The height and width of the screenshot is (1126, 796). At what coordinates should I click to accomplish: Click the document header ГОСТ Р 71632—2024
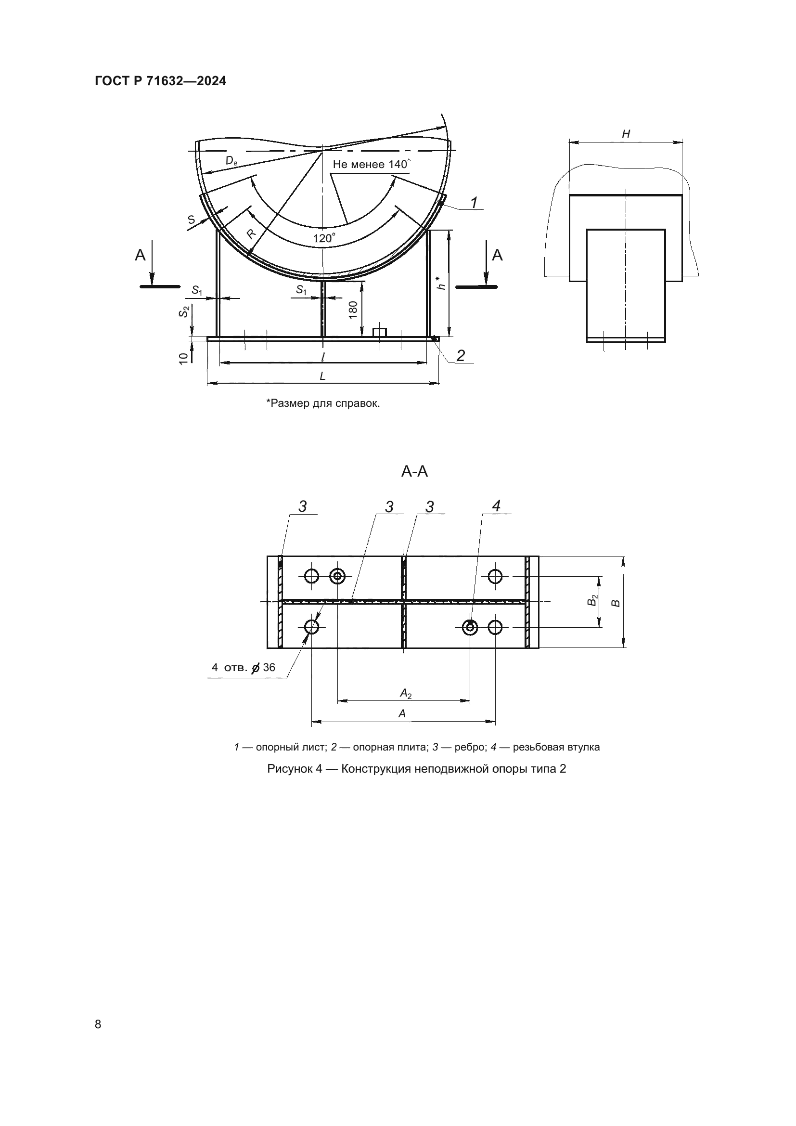tap(160, 81)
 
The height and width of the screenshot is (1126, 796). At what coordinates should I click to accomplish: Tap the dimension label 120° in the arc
tap(324, 238)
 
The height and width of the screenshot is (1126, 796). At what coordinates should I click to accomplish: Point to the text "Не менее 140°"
tap(372, 164)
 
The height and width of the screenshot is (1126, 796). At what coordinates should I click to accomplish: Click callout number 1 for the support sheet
tap(474, 202)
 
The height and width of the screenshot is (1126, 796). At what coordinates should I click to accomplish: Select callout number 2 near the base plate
tap(460, 356)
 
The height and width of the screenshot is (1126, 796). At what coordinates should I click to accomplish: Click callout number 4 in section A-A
tap(496, 506)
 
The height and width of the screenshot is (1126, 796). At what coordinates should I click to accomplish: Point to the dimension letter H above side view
tap(626, 134)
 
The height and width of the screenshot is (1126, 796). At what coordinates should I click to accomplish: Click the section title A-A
tap(414, 472)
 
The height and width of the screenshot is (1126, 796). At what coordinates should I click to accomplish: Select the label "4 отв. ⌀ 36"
tap(243, 667)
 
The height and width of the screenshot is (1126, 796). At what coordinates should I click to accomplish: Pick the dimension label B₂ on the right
tap(593, 600)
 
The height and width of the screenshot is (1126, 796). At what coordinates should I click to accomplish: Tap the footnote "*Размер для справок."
tap(323, 403)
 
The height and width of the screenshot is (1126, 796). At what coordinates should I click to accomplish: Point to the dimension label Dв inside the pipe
tap(231, 160)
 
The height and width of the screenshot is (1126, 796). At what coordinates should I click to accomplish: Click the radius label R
tap(251, 234)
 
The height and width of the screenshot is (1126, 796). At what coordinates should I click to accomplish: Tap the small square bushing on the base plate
tap(379, 332)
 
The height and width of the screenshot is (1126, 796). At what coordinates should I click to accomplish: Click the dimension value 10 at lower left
tap(183, 358)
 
